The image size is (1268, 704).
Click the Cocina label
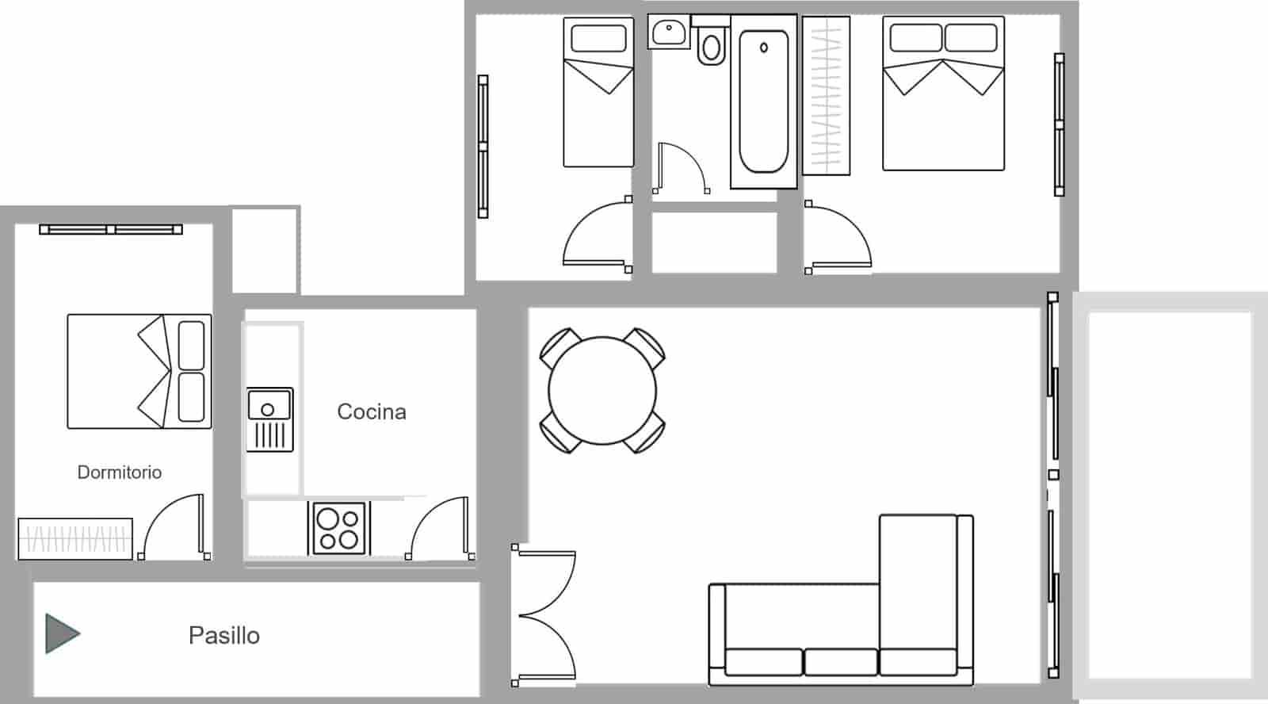[x=372, y=412]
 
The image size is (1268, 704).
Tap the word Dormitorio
[x=120, y=473]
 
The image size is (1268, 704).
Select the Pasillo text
[x=224, y=636]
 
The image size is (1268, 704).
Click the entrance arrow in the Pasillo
[x=62, y=633]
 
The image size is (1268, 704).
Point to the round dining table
[x=602, y=391]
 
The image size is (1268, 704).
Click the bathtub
[x=763, y=101]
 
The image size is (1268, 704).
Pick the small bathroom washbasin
[x=668, y=32]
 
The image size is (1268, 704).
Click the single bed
[x=598, y=92]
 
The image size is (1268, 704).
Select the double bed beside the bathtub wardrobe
[x=943, y=94]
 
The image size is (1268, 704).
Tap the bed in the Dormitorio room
[x=139, y=371]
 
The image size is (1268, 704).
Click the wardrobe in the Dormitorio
[x=75, y=539]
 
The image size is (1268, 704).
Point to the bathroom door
[x=680, y=168]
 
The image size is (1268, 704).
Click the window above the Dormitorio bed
[x=111, y=230]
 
